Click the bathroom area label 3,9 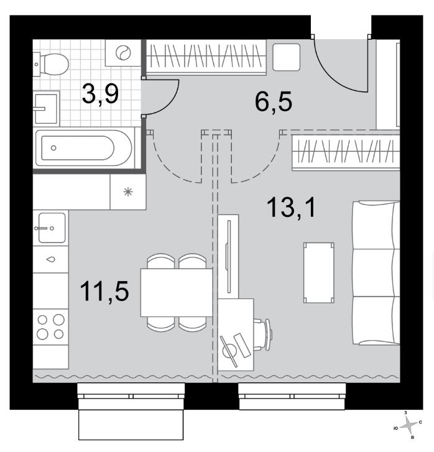click(x=100, y=93)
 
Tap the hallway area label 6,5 click(x=274, y=101)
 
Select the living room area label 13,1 click(x=291, y=207)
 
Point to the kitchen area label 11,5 click(x=104, y=292)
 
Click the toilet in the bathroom click(x=51, y=64)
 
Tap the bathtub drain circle click(x=53, y=148)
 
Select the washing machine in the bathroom click(x=123, y=53)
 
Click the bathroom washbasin click(x=46, y=108)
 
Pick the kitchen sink click(x=52, y=228)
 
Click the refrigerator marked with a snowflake click(x=128, y=191)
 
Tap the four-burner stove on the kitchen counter click(x=51, y=327)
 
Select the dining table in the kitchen click(x=177, y=293)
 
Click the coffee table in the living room click(x=318, y=273)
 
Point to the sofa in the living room click(x=376, y=273)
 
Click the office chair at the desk click(x=263, y=334)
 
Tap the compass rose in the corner click(x=409, y=425)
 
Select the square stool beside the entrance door click(x=287, y=57)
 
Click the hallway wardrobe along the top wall click(x=206, y=57)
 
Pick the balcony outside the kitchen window click(x=131, y=424)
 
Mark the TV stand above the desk click(x=228, y=257)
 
